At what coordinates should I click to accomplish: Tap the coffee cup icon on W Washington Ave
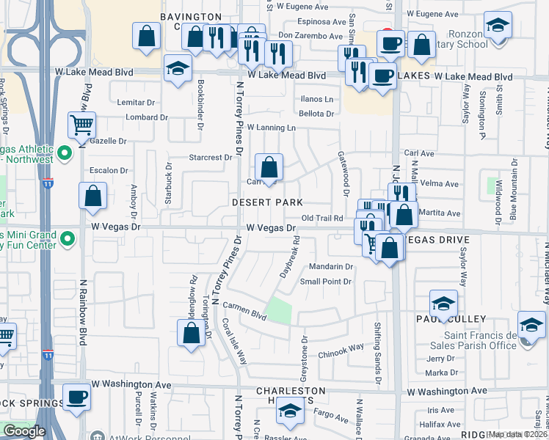click(x=76, y=398)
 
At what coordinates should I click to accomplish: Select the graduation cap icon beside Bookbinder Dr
click(x=177, y=70)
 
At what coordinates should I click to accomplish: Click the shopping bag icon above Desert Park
click(x=269, y=166)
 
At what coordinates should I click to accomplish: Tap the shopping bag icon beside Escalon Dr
click(x=93, y=196)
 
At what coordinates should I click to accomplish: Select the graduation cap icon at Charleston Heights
click(x=290, y=411)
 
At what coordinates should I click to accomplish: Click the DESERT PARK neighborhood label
click(x=267, y=202)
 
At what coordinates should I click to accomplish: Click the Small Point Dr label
click(x=327, y=281)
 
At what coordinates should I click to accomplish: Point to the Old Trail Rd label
click(x=322, y=218)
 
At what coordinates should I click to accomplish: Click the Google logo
click(x=24, y=431)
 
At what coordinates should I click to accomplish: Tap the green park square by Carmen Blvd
click(x=278, y=310)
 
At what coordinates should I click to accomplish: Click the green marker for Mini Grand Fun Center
click(x=68, y=239)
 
